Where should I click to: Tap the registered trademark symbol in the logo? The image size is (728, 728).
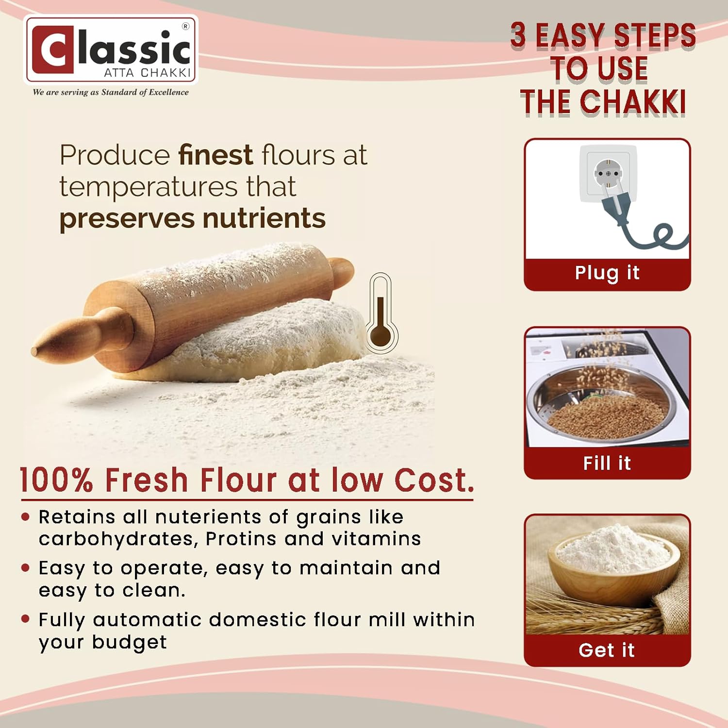185,27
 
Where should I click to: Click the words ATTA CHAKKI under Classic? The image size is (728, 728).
148,73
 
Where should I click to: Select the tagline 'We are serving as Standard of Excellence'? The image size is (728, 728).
111,92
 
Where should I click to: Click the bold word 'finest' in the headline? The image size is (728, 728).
215,155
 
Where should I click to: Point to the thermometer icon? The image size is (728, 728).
381,313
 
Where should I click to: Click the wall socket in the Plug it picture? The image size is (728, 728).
608,173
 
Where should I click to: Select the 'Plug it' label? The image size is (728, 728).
607,273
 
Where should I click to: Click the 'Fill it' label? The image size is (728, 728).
607,463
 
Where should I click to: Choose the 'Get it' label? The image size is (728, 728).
607,650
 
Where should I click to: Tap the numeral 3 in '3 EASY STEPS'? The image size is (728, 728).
518,35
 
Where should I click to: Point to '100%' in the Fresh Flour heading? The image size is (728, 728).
56,480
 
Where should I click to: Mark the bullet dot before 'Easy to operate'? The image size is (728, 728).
26,568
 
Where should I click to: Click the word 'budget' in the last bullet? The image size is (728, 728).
129,643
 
